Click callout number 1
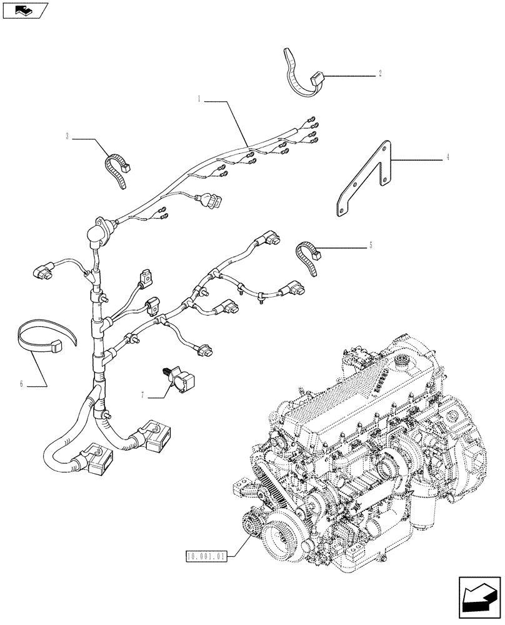(199, 98)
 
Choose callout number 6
(21, 384)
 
